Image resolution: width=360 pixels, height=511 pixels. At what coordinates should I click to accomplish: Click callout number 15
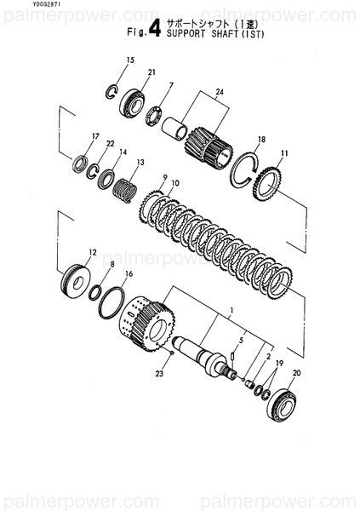[130, 60]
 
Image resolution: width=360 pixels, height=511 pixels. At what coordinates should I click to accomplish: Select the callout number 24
[219, 91]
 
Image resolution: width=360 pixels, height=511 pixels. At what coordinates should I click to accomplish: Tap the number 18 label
[261, 139]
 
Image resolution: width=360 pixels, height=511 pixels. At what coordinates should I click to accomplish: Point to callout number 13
[140, 162]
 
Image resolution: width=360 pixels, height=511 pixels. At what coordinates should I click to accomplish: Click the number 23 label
[158, 372]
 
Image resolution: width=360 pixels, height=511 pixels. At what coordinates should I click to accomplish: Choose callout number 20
[296, 373]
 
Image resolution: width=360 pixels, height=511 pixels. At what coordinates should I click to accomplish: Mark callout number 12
[93, 252]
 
